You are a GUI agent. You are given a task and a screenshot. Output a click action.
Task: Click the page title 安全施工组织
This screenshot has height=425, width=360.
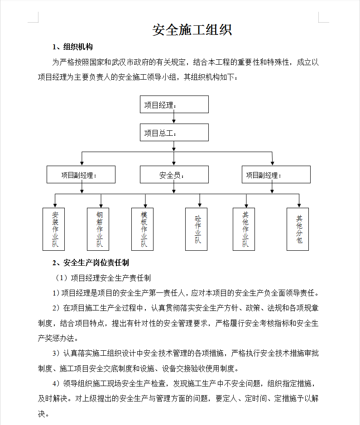[x=192, y=30]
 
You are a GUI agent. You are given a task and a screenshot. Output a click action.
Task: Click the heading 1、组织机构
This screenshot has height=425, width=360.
[x=72, y=47]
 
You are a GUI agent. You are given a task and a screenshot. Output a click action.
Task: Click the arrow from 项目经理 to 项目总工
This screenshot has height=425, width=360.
[x=174, y=118]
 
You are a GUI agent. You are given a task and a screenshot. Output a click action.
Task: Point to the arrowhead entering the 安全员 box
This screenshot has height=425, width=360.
[x=174, y=163]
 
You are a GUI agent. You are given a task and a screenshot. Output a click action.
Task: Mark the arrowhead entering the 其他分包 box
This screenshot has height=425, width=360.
[x=299, y=205]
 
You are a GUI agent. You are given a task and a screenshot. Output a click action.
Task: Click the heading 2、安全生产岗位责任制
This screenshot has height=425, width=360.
[x=91, y=263]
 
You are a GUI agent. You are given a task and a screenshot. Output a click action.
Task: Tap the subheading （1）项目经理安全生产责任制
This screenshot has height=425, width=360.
[x=102, y=278]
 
